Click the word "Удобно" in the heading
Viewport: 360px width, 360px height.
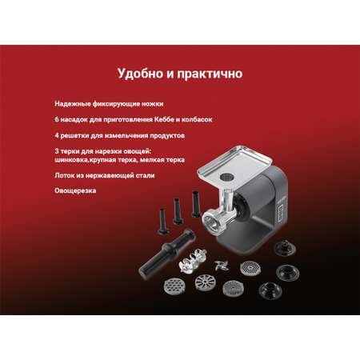click(x=140, y=74)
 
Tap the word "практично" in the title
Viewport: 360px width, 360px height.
click(x=210, y=74)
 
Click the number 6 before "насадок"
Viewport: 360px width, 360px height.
click(x=57, y=119)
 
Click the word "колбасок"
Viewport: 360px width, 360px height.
click(x=197, y=119)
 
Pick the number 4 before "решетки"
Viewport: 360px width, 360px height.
click(x=57, y=135)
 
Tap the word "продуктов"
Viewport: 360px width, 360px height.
click(x=167, y=135)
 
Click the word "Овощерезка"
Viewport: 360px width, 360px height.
click(x=75, y=191)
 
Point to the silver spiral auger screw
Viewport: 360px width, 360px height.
click(x=190, y=262)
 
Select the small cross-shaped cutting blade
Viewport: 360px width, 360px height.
click(x=222, y=266)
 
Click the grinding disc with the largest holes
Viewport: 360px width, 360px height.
click(x=173, y=286)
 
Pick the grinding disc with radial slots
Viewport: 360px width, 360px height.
click(x=205, y=282)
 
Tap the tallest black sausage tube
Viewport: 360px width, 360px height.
click(x=196, y=204)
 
